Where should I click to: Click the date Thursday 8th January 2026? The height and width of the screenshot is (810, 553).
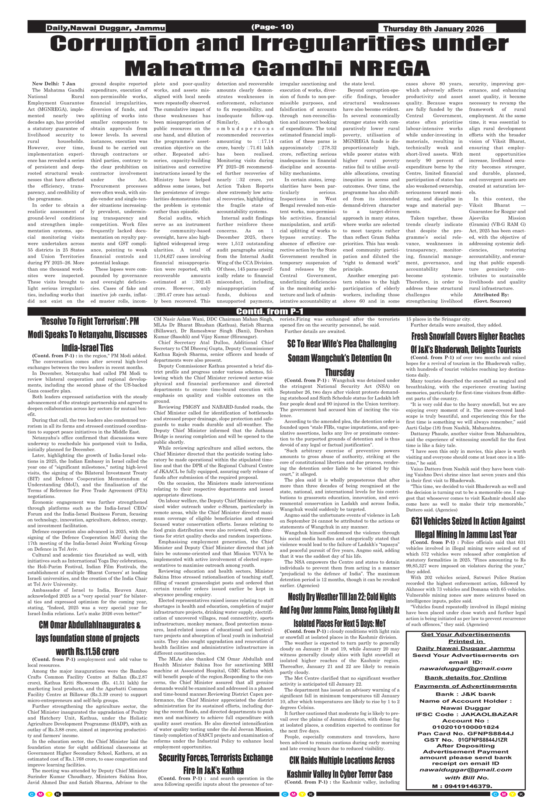[x=434, y=29]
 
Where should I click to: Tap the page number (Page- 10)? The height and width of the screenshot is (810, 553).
[x=272, y=27]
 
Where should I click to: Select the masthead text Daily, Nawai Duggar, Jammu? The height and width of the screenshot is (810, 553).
[x=105, y=28]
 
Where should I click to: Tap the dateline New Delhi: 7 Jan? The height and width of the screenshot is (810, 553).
[x=53, y=84]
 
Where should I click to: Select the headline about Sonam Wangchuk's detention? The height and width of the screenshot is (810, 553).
[x=340, y=358]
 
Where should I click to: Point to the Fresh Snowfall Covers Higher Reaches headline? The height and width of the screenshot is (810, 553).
[x=468, y=343]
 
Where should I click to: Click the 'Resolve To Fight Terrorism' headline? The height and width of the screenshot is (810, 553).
[x=87, y=334]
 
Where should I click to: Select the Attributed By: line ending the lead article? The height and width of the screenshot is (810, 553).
[x=491, y=295]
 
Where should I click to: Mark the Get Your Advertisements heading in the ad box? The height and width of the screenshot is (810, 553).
[x=465, y=634]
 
